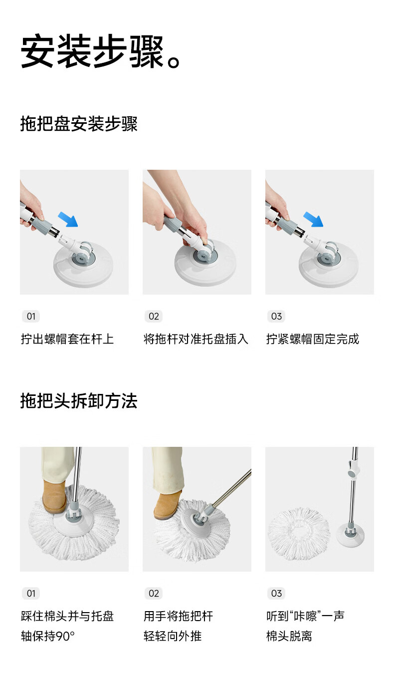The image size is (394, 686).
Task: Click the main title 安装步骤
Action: [x=93, y=51]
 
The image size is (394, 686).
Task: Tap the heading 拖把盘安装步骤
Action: [x=79, y=124]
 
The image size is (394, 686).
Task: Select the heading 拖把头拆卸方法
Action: [x=79, y=401]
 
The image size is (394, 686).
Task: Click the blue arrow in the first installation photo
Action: [x=68, y=219]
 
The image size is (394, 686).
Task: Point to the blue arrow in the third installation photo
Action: [x=313, y=219]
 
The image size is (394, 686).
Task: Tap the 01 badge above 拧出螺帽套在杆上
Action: [x=31, y=317]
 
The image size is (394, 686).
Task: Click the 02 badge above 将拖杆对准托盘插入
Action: [x=154, y=317]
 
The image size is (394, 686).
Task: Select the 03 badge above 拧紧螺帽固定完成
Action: [x=276, y=317]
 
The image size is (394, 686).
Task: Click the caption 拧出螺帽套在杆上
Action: [x=67, y=339]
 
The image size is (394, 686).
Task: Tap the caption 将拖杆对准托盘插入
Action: [x=196, y=339]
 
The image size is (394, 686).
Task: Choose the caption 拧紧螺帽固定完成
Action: [x=313, y=339]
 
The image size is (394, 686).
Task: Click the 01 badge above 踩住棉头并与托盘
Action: [x=31, y=594]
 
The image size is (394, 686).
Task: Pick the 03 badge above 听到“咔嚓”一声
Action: [x=276, y=594]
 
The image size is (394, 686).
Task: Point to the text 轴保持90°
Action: [x=48, y=636]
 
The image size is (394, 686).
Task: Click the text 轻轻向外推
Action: [x=173, y=636]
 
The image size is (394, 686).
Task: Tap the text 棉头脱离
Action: [x=289, y=636]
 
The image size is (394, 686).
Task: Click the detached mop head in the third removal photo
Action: [x=299, y=534]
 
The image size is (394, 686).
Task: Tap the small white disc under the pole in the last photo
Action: [x=350, y=536]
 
